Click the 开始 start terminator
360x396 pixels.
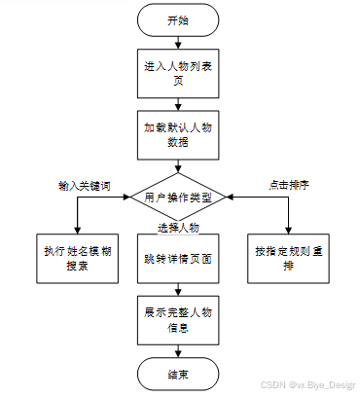(178, 20)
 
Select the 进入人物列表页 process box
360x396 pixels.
(178, 74)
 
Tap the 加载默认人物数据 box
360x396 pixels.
(178, 135)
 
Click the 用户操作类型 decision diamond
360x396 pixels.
(178, 197)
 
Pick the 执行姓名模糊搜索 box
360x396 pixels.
(77, 259)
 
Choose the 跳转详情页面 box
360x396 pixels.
(178, 259)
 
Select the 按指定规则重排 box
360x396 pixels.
(288, 259)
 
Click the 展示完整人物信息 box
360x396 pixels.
(178, 320)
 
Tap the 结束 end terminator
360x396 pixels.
(178, 374)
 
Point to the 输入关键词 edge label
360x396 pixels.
(85, 186)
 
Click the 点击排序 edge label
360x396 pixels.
(289, 185)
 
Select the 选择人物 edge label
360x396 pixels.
(178, 228)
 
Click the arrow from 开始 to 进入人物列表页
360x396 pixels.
(178, 43)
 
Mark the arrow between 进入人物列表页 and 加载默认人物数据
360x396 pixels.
(178, 104)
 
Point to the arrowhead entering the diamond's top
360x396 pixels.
(178, 169)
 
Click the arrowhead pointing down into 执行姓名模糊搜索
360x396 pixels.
(77, 231)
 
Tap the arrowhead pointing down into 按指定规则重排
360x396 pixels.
(288, 231)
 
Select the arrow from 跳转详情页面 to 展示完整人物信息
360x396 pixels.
(178, 289)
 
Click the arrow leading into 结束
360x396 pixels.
(178, 351)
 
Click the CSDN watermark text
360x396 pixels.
(308, 385)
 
